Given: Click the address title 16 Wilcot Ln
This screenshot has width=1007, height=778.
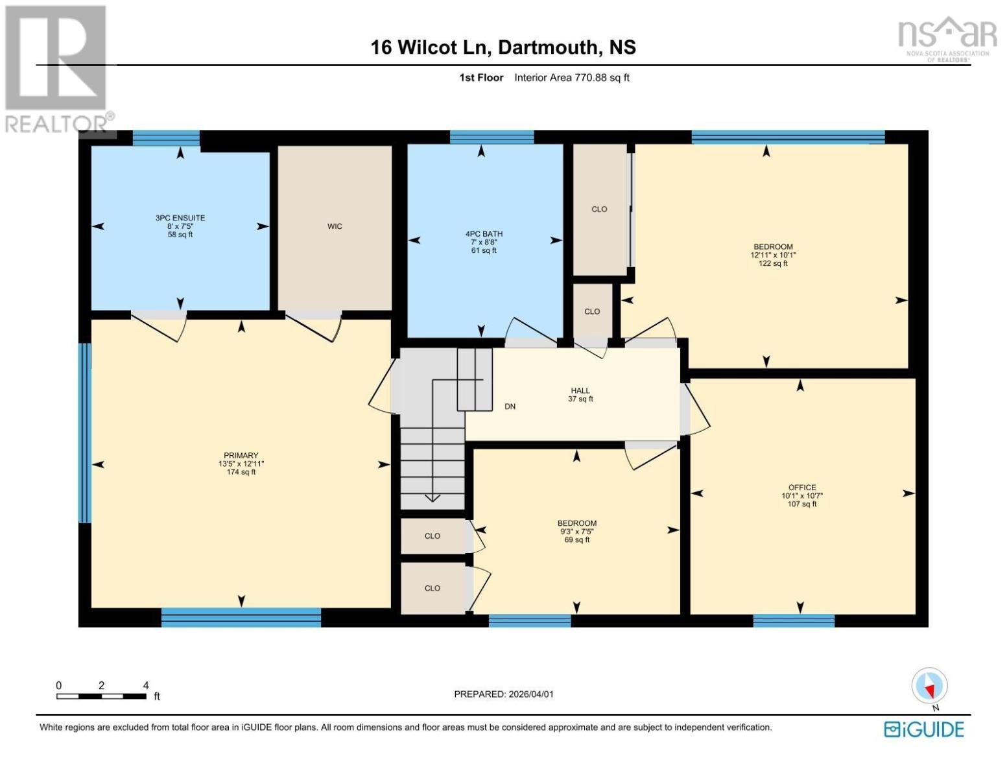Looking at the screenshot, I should (x=503, y=47).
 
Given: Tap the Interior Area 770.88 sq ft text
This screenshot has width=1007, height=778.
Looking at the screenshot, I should (x=571, y=78).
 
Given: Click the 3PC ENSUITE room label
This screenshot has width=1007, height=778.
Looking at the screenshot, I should (x=180, y=218).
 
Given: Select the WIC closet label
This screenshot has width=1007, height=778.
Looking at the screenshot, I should (x=335, y=226).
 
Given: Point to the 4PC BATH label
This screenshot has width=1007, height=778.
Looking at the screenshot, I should (x=484, y=234).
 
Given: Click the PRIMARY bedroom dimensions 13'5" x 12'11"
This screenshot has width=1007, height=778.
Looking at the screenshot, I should (x=241, y=464).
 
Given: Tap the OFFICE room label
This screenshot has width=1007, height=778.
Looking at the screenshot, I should (x=802, y=488).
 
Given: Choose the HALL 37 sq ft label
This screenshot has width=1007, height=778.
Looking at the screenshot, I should (x=580, y=395).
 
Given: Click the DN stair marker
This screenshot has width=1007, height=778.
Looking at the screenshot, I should (x=510, y=407).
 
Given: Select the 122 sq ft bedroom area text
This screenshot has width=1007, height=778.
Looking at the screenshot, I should (x=773, y=263).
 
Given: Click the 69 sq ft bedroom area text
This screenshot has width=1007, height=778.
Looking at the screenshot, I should (x=576, y=539).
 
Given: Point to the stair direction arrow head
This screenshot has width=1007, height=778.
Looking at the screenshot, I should (x=432, y=498).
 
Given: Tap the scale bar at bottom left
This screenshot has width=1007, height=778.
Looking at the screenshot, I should (x=101, y=696).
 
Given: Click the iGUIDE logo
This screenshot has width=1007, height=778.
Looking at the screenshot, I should (x=924, y=729).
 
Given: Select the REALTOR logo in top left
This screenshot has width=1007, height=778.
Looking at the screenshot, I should (x=57, y=68).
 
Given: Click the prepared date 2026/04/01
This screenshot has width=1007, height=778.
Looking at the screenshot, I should (x=504, y=694).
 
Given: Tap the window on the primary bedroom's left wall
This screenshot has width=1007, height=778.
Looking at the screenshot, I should (x=85, y=432).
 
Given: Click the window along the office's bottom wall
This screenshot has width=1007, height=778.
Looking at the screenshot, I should (x=794, y=620).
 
